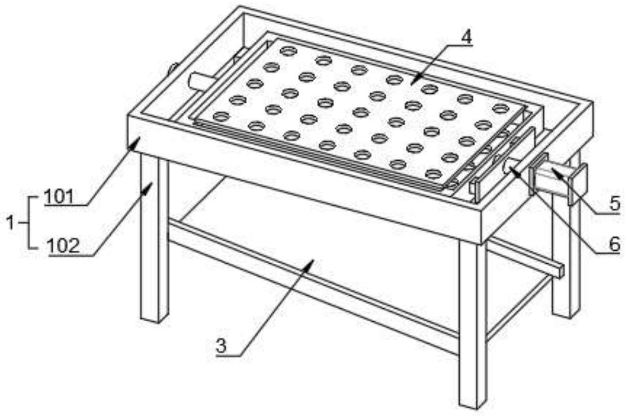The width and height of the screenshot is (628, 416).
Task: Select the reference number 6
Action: tap(615, 244)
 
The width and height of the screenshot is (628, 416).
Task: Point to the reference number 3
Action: tap(221, 346)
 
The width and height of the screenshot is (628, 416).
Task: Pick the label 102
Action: tap(63, 246)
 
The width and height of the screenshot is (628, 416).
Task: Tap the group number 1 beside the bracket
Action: tap(10, 222)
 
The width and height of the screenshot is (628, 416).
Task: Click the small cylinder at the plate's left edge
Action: tap(201, 81)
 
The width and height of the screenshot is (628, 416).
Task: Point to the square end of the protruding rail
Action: tap(561, 271)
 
